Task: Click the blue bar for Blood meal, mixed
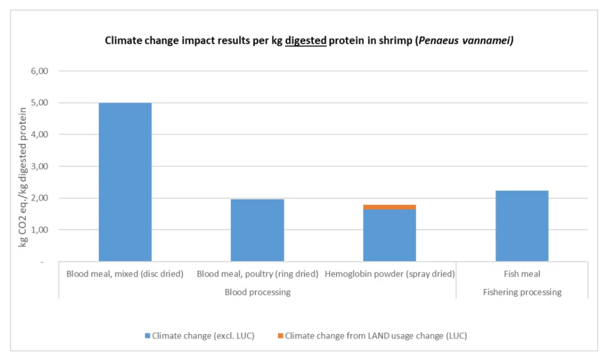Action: [125, 181]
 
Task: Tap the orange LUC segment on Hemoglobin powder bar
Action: [390, 207]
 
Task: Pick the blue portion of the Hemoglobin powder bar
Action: [390, 235]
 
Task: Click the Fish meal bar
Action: [522, 226]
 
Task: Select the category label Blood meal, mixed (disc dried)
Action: [125, 274]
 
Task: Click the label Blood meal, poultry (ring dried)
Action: [257, 274]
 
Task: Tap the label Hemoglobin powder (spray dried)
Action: [390, 274]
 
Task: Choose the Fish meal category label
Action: [522, 274]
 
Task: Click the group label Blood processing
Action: [257, 292]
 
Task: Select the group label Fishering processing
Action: [522, 292]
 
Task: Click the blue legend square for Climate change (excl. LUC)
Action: [148, 336]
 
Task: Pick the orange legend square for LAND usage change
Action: [280, 336]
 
